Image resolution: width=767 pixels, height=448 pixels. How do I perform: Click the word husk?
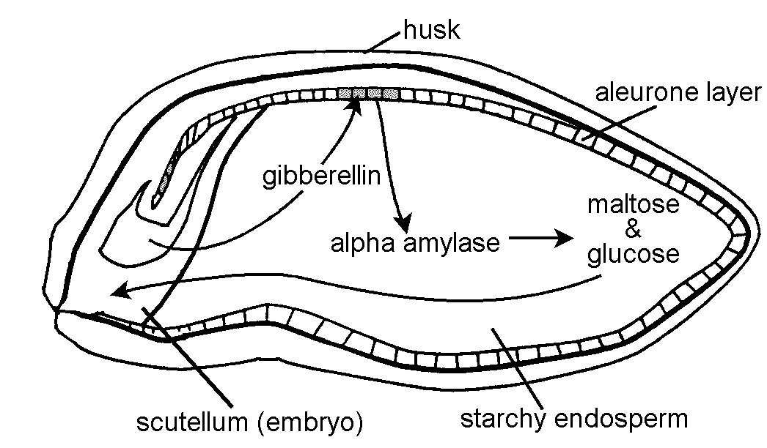pyautogui.click(x=432, y=31)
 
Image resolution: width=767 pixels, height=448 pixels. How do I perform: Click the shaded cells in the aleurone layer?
pyautogui.click(x=369, y=94)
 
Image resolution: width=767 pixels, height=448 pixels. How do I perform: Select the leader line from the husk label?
pyautogui.click(x=383, y=42)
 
